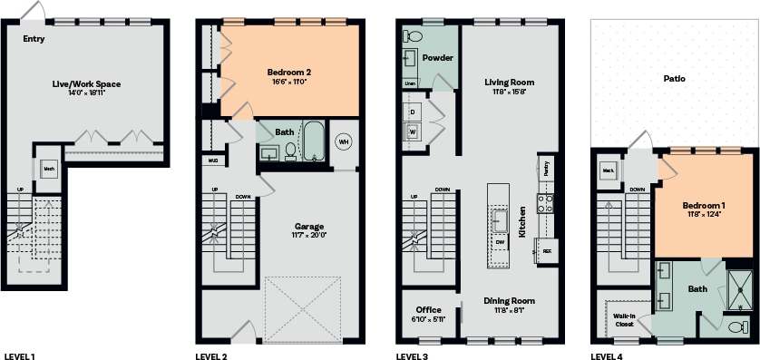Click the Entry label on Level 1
tap(34, 39)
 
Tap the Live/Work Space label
tap(86, 84)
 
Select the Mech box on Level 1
tap(48, 168)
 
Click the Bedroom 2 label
tap(287, 72)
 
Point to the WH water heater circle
tap(344, 141)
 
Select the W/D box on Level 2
tap(213, 161)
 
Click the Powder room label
tap(437, 57)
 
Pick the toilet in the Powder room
tap(414, 38)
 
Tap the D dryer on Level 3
tap(414, 112)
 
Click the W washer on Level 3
tap(414, 132)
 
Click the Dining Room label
tap(508, 301)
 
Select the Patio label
tap(673, 79)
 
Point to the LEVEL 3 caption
tap(413, 355)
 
